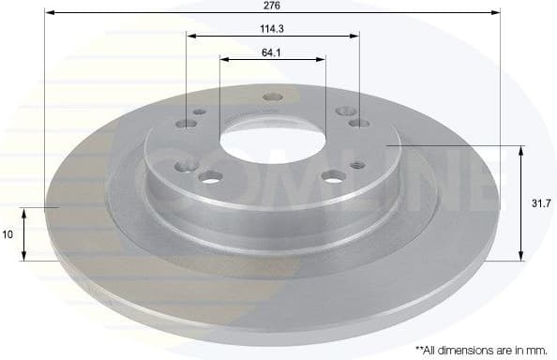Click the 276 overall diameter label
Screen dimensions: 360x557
[272, 6]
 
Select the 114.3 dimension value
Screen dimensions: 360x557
[273, 28]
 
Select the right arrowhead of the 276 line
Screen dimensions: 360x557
[497, 14]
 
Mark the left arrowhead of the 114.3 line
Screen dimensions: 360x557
[190, 37]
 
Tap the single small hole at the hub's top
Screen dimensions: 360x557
[273, 97]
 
